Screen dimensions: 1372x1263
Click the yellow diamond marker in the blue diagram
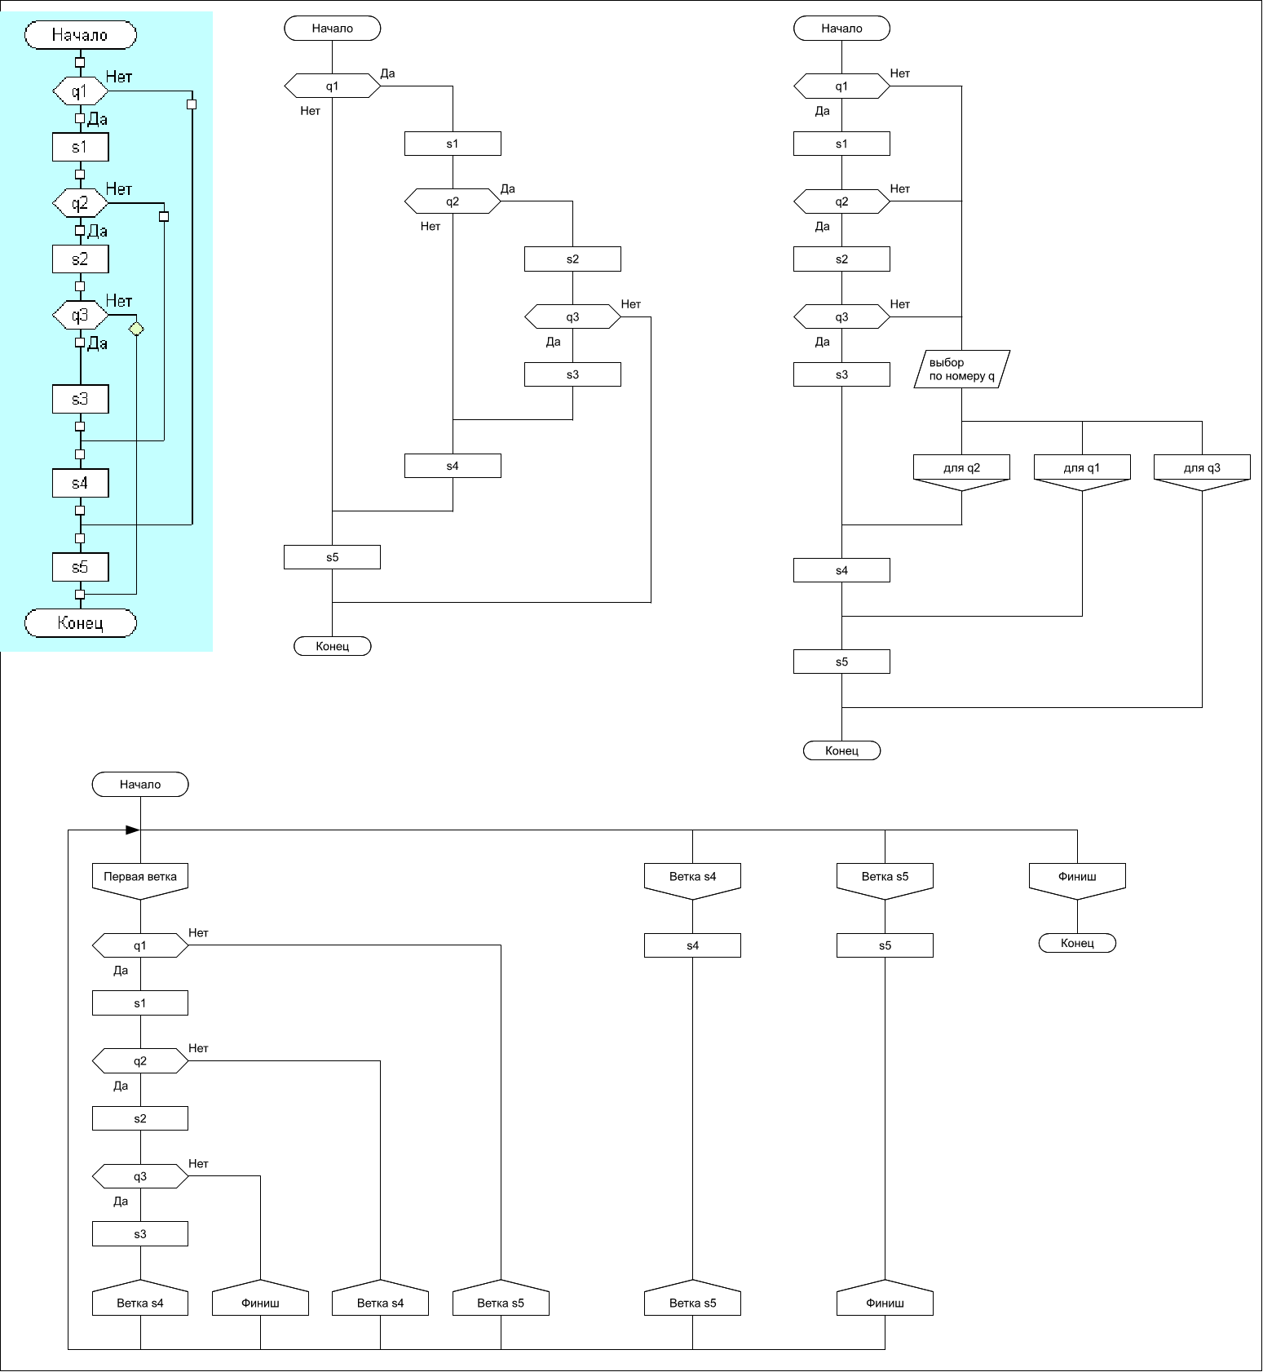(136, 329)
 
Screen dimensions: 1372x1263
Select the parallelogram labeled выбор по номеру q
(962, 370)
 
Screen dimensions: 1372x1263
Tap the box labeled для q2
(962, 469)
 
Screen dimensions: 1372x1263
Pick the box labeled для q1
(1082, 469)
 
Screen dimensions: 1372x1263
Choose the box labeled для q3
(1202, 469)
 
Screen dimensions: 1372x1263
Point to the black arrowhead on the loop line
(132, 830)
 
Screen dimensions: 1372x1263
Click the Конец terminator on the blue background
(81, 623)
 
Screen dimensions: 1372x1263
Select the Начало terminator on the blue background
(81, 35)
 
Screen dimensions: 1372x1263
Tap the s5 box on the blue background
(81, 568)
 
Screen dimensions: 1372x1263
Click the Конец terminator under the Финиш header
(1077, 943)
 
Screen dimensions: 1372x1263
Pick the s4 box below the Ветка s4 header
(692, 946)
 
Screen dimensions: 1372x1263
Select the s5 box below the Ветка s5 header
(885, 946)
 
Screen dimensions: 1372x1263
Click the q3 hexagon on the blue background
(80, 316)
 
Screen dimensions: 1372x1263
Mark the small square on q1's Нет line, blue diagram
(192, 104)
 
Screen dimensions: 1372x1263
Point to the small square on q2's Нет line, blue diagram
(164, 216)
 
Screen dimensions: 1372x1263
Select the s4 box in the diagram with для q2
(841, 570)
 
